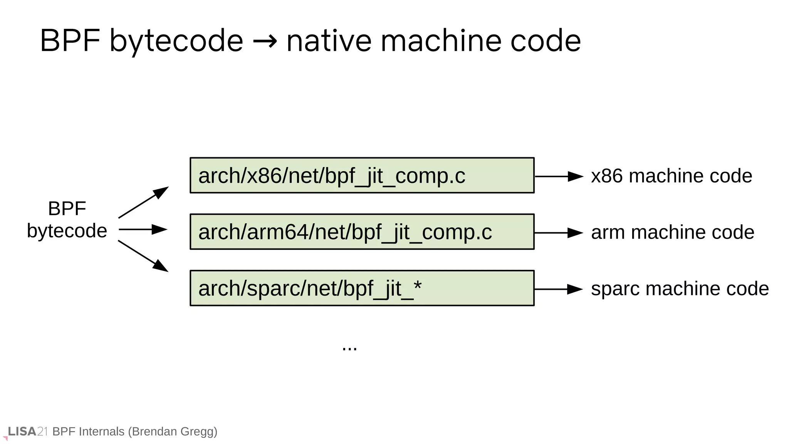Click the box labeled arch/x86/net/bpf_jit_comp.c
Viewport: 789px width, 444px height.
pyautogui.click(x=362, y=175)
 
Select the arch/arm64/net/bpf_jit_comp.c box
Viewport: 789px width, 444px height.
pyautogui.click(x=362, y=232)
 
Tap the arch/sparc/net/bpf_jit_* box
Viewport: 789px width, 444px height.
pyautogui.click(x=362, y=288)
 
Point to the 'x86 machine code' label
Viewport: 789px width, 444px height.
pyautogui.click(x=671, y=176)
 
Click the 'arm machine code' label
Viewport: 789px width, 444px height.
pyautogui.click(x=672, y=232)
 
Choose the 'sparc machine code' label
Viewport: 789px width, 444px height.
pyautogui.click(x=680, y=289)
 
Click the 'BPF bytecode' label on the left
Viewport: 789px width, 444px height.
pyautogui.click(x=67, y=220)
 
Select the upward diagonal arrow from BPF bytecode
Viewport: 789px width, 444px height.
pyautogui.click(x=143, y=202)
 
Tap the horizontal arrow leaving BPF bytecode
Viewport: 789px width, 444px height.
pyautogui.click(x=143, y=229)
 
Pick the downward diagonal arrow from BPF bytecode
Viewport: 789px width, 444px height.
pyautogui.click(x=143, y=256)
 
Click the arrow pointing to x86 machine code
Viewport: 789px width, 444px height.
pyautogui.click(x=559, y=177)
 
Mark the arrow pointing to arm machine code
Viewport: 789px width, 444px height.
pyautogui.click(x=559, y=233)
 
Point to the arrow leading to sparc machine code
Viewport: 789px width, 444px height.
pyautogui.click(x=559, y=289)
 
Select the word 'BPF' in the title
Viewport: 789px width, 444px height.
pyautogui.click(x=70, y=41)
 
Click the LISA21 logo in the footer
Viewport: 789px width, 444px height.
pyautogui.click(x=27, y=431)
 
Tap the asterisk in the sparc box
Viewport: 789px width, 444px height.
pyautogui.click(x=417, y=286)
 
